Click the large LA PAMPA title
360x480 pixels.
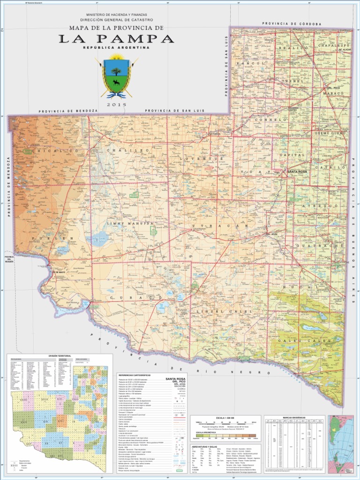(x=116, y=39)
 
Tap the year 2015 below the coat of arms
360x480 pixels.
(x=116, y=105)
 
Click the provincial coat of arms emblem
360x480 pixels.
(x=116, y=76)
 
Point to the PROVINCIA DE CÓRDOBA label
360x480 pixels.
(x=292, y=23)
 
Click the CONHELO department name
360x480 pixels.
(x=270, y=120)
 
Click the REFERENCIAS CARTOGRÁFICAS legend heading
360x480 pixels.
(x=137, y=375)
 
